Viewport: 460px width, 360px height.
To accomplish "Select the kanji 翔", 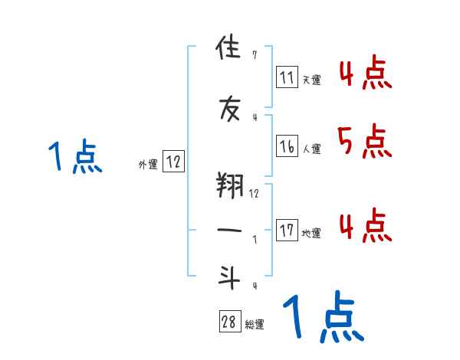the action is pyautogui.click(x=229, y=184).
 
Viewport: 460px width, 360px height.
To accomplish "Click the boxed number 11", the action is pyautogui.click(x=287, y=77).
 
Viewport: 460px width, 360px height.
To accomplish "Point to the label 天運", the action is pyautogui.click(x=311, y=79).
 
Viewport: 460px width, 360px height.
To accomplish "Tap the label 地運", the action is pyautogui.click(x=311, y=233).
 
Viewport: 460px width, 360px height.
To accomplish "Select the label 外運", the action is pyautogui.click(x=148, y=163).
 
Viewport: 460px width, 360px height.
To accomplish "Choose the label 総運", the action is pyautogui.click(x=255, y=324).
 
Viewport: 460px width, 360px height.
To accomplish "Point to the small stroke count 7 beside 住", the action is pyautogui.click(x=254, y=55).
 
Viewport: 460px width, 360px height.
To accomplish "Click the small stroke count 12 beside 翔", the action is pyautogui.click(x=254, y=193).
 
